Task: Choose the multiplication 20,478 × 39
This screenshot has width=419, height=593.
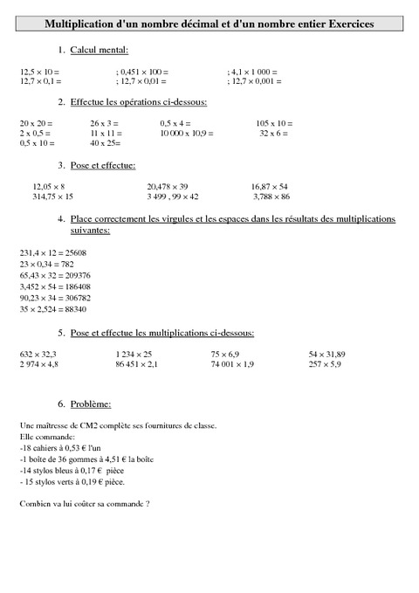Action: [x=168, y=186]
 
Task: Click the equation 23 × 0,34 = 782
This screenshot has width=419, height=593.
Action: [x=46, y=263]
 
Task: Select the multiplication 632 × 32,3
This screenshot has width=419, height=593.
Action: [x=38, y=354]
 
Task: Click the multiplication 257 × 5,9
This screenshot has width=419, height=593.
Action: [x=326, y=363]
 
